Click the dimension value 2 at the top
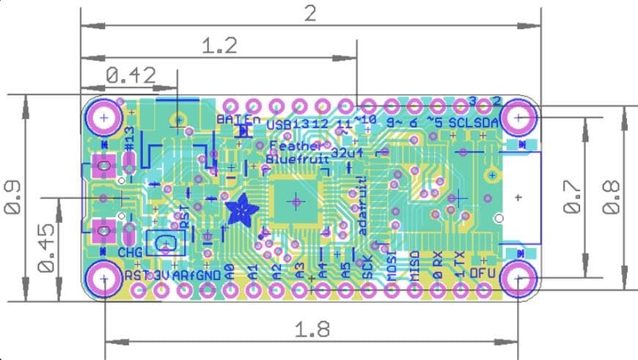click(310, 13)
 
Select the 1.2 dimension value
click(219, 47)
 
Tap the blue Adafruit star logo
click(241, 211)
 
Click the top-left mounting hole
click(104, 117)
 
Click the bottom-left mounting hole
click(104, 279)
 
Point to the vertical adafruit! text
click(362, 206)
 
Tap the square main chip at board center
click(295, 199)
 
